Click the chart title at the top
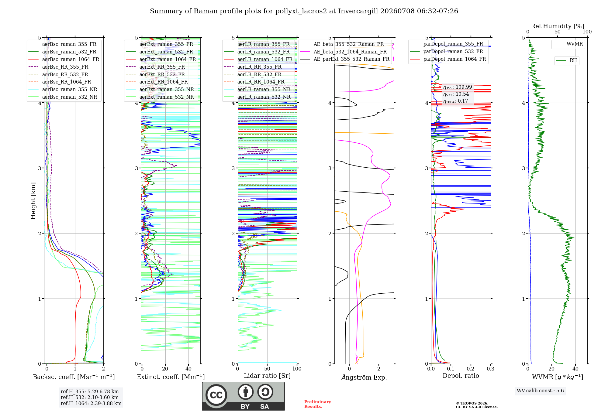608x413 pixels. (304, 11)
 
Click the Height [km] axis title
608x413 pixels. (33, 201)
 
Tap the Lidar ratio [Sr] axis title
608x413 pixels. (267, 376)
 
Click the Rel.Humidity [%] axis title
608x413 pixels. (557, 26)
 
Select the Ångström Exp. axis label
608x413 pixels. (364, 377)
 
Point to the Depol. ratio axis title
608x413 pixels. (461, 376)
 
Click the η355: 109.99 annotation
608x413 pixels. (458, 87)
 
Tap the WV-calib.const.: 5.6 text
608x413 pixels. (540, 391)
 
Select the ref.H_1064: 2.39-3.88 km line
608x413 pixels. (91, 403)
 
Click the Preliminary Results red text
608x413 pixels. (318, 404)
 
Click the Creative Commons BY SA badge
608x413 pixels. (243, 396)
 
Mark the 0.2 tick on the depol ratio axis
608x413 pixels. (471, 369)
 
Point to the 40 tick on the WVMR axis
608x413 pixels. (575, 369)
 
